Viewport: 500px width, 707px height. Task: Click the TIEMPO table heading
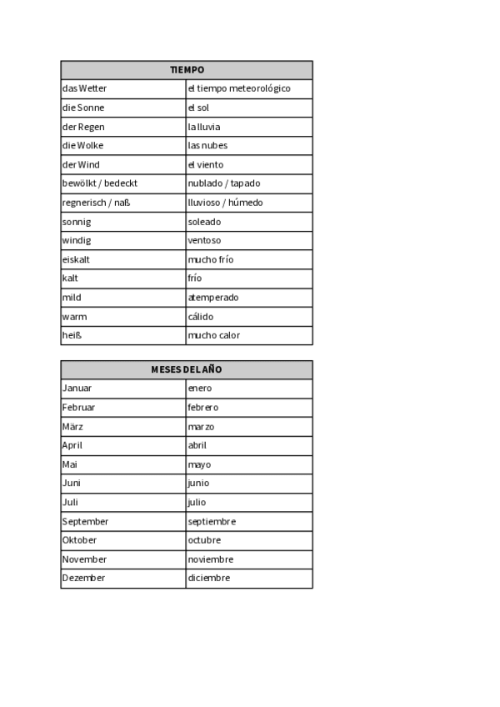point(187,70)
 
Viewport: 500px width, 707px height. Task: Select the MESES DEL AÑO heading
point(187,369)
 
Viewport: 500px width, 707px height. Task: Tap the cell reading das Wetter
point(85,88)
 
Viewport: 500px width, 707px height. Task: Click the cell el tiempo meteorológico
point(239,88)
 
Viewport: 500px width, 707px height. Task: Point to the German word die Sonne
point(83,108)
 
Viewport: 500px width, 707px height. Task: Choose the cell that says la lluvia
point(204,127)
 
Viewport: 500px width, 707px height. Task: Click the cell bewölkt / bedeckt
point(100,183)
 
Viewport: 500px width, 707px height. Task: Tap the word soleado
point(205,222)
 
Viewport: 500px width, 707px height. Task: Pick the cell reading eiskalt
point(77,259)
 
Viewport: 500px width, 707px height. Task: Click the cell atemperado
point(213,298)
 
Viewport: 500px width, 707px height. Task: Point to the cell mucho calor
point(214,335)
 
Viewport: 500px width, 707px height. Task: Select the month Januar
point(77,389)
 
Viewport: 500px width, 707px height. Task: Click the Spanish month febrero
point(203,408)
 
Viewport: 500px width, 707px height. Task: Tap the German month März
point(73,427)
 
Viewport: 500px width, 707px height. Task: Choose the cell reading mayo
point(200,464)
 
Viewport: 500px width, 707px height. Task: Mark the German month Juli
point(71,503)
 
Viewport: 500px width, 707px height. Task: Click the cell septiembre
point(212,522)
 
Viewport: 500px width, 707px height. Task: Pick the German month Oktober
point(80,540)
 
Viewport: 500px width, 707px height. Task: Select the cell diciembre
point(209,579)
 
